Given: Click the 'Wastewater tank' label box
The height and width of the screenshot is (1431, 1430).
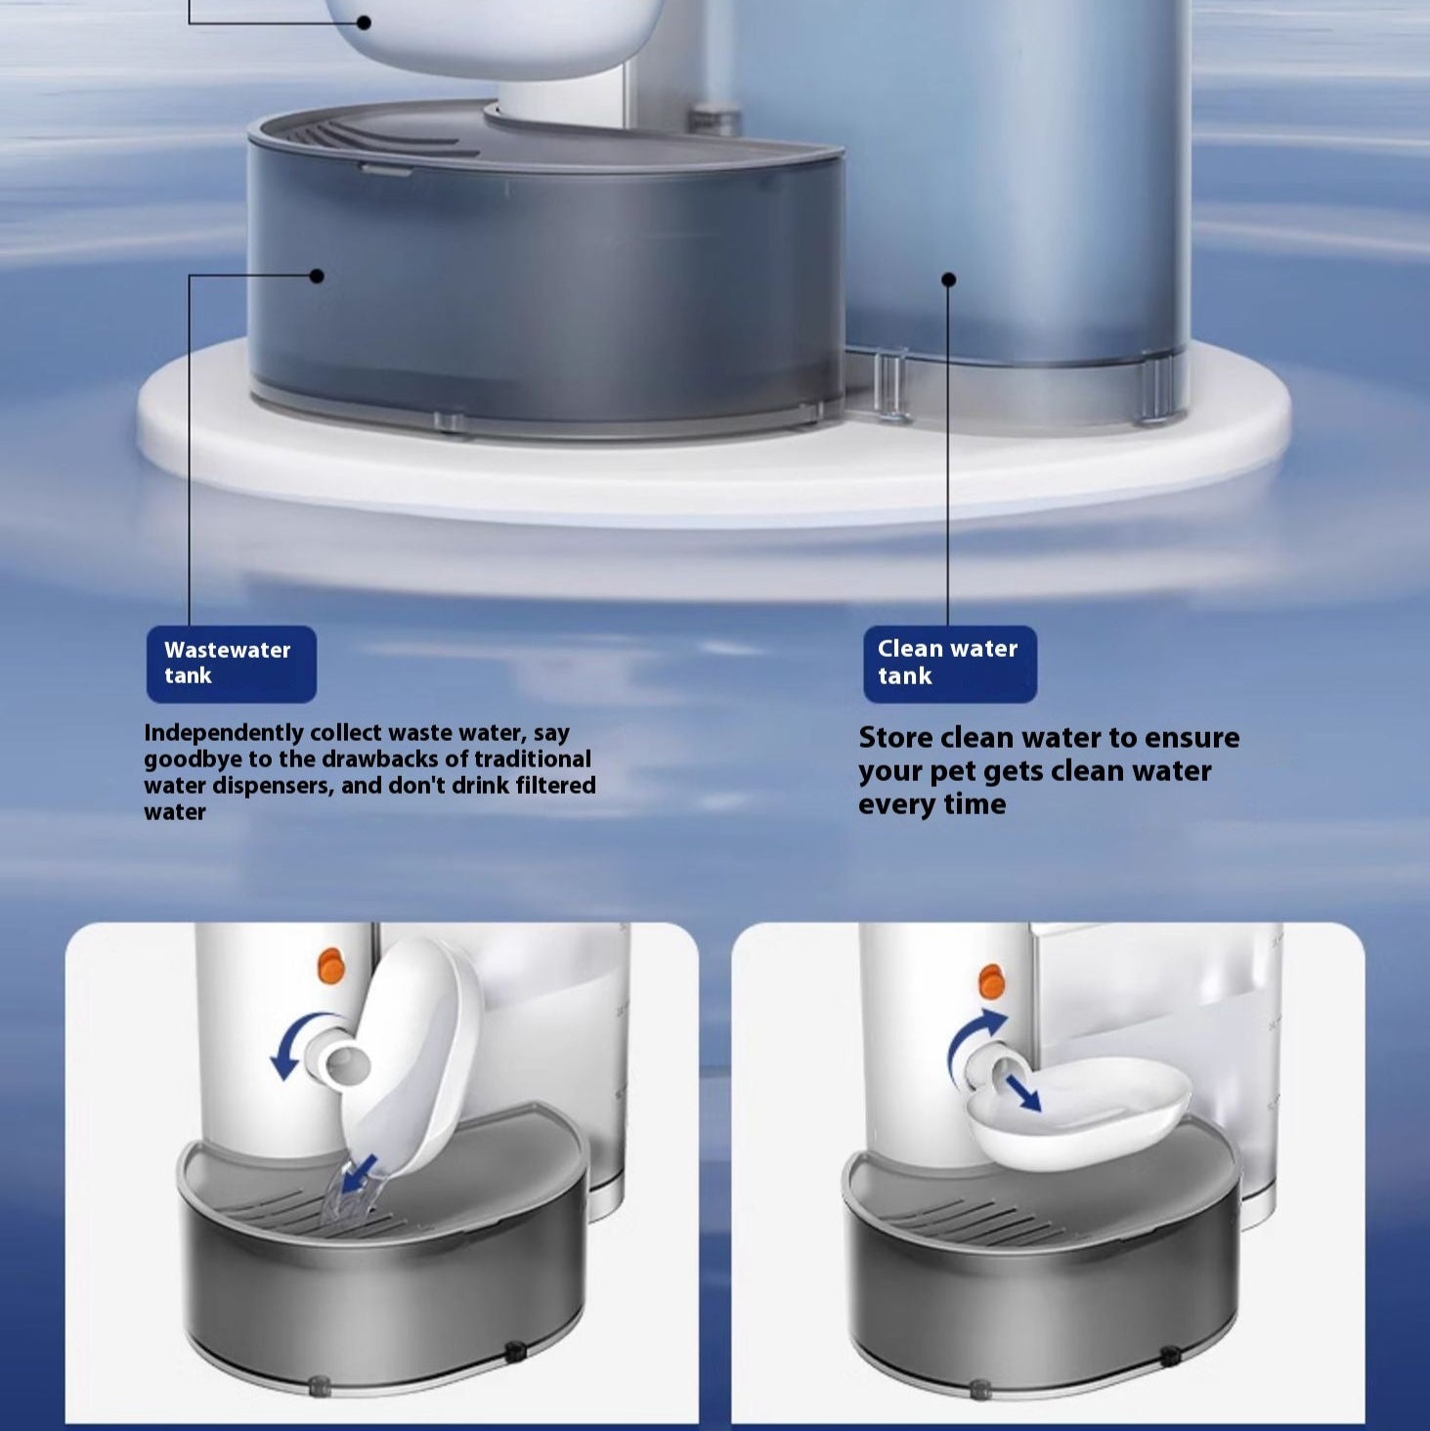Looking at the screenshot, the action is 231,664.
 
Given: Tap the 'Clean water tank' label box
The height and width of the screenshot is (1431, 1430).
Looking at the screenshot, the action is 950,664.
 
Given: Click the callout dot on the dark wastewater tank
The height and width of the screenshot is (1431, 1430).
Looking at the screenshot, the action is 317,276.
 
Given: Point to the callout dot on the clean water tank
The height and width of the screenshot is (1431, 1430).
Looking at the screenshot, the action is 949,280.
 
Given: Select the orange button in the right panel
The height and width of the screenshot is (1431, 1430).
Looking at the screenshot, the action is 991,981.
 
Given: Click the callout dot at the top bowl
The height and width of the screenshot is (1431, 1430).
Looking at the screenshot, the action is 364,23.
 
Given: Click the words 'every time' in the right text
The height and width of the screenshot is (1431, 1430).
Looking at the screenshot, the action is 932,804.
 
